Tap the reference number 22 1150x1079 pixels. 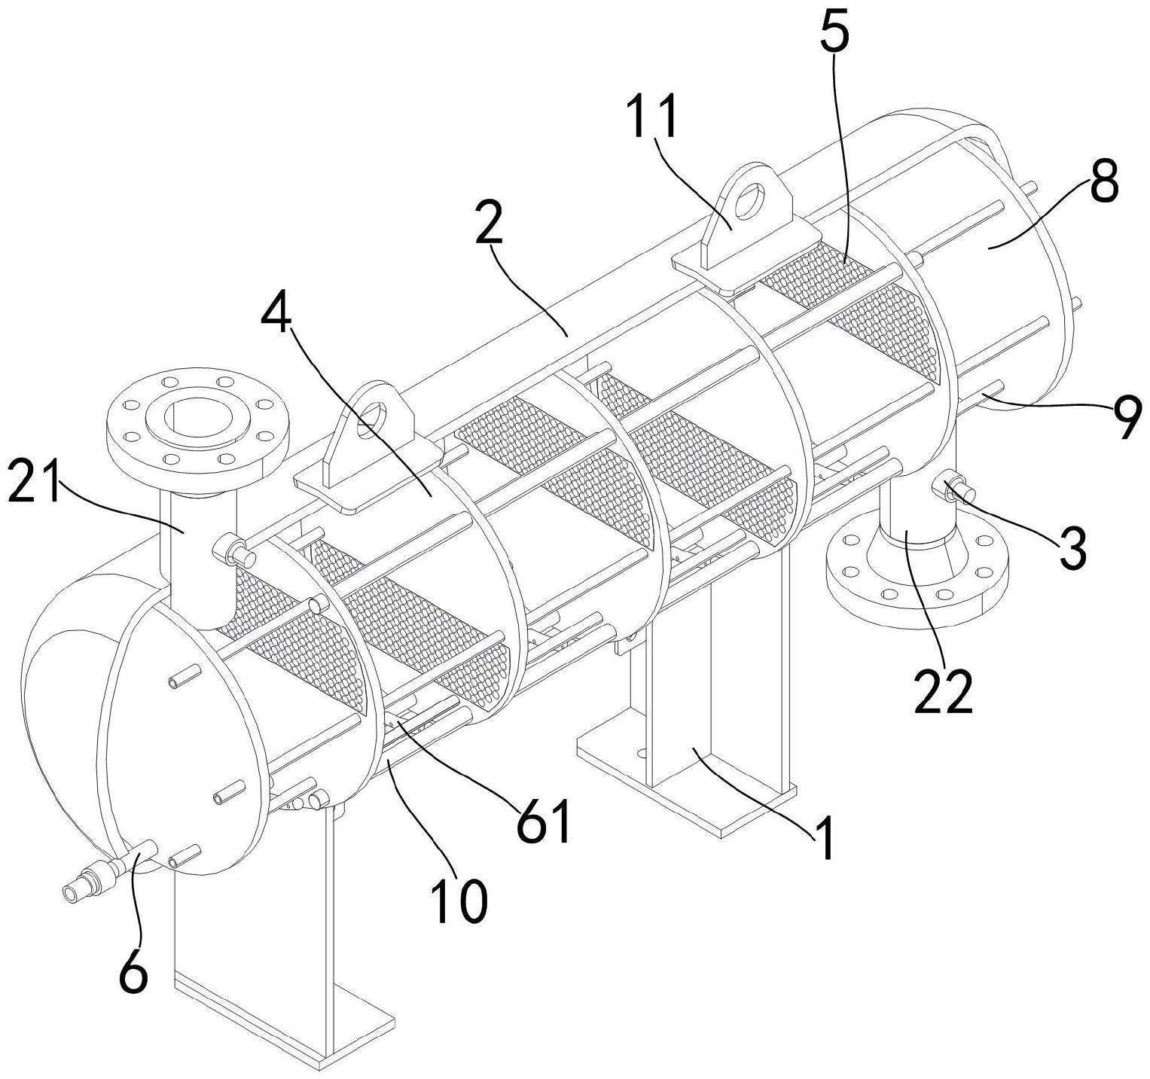coord(944,692)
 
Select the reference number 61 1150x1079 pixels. coord(544,823)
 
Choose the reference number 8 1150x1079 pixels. coord(1104,180)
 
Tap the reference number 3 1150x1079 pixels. coord(1072,548)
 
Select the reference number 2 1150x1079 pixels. coord(490,221)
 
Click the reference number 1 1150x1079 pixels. coord(826,839)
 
